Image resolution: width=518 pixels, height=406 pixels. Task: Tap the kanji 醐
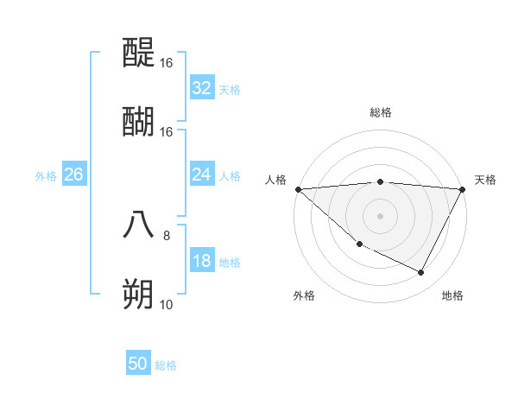(x=138, y=122)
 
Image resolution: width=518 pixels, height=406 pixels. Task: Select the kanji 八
(x=138, y=225)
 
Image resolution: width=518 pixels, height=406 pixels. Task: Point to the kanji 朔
(x=138, y=294)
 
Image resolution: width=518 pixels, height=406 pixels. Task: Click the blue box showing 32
(x=202, y=88)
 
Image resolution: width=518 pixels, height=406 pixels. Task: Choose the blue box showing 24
(x=202, y=174)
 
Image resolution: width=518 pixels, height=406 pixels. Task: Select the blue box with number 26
(x=73, y=174)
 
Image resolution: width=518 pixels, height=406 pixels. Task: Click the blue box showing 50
(x=138, y=364)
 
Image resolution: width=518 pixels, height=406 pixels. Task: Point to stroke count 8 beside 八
(x=167, y=234)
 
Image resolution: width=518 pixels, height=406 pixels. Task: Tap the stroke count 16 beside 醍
(x=166, y=63)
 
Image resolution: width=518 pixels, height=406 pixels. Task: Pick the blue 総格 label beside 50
(x=166, y=365)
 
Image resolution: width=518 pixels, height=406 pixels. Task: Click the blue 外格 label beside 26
(x=46, y=176)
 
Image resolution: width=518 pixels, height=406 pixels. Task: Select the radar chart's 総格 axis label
(x=381, y=112)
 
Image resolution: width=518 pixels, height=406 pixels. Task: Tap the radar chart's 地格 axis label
(x=452, y=295)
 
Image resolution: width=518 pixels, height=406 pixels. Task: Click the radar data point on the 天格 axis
(x=463, y=189)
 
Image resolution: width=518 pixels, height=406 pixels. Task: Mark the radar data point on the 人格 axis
(x=298, y=189)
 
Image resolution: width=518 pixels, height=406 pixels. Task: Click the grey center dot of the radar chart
(x=381, y=216)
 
